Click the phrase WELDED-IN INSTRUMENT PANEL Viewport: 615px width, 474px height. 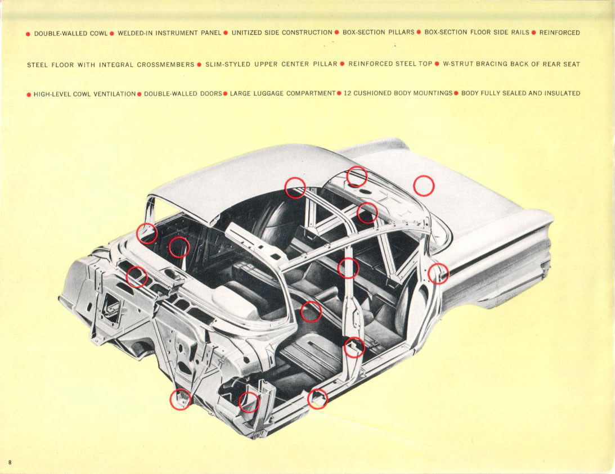point(169,33)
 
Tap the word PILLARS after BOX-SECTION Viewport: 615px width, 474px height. point(401,33)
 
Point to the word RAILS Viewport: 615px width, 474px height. point(520,33)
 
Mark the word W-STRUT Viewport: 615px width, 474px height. point(458,64)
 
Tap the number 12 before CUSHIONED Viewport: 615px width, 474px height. point(347,93)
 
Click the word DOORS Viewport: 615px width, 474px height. point(211,93)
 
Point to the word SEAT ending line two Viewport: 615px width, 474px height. point(571,64)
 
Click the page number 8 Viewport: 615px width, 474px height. point(10,462)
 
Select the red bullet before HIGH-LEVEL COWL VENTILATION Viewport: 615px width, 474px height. point(29,94)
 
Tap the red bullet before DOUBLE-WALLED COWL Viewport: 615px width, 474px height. point(29,34)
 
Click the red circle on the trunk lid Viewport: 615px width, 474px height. point(424,186)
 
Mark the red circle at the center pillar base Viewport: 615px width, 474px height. point(354,347)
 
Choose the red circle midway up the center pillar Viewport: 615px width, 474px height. point(348,268)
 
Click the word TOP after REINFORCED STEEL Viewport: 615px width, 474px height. point(425,64)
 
